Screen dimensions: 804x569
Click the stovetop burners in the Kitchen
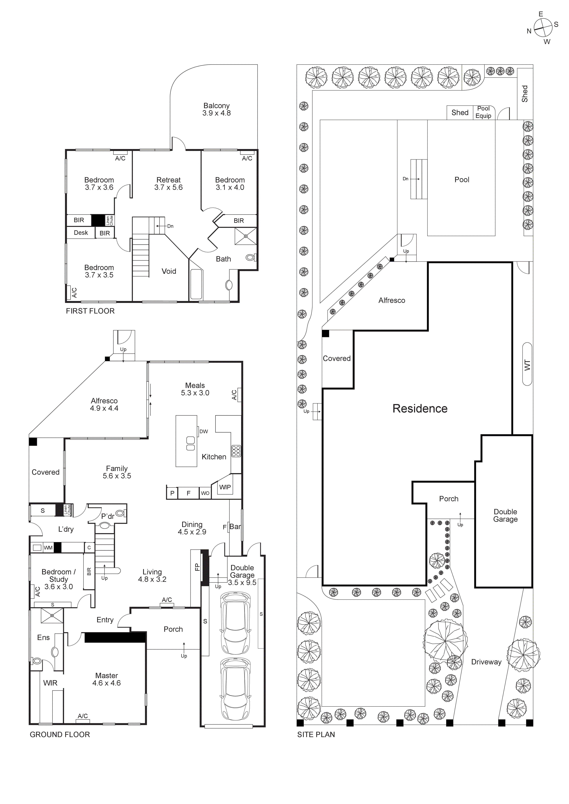236,451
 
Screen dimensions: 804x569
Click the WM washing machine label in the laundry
48,548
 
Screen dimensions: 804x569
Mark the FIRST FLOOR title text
90,311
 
